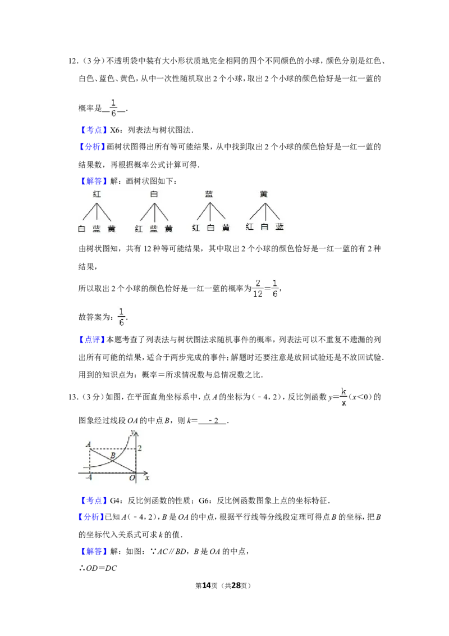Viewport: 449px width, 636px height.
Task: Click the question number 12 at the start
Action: (72, 61)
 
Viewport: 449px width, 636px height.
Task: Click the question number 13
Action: (72, 397)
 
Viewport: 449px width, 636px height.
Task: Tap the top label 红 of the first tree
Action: (97, 194)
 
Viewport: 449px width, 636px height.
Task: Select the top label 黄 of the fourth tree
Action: (264, 194)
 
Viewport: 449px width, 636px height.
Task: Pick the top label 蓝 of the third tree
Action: (209, 194)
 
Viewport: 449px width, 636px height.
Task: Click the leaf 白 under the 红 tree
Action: (81, 229)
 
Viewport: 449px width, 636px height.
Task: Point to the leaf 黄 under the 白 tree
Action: (168, 229)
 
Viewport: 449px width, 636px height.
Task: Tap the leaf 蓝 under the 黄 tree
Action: (280, 227)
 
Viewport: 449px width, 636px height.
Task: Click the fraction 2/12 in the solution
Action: (258, 288)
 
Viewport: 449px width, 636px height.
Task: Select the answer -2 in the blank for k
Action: (213, 421)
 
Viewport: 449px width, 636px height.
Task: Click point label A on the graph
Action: (88, 444)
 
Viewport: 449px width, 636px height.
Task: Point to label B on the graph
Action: (113, 456)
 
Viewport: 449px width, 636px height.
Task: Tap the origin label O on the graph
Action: (132, 478)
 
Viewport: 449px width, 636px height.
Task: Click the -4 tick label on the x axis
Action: (89, 478)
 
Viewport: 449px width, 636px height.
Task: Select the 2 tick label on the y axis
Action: (140, 448)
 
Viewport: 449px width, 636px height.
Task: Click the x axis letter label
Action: (147, 478)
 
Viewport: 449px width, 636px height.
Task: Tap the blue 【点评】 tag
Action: (91, 339)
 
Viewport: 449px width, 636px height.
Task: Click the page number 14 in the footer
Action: (207, 585)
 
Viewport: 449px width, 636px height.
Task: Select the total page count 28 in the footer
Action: (236, 585)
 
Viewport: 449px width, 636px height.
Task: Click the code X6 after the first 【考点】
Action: (116, 130)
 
